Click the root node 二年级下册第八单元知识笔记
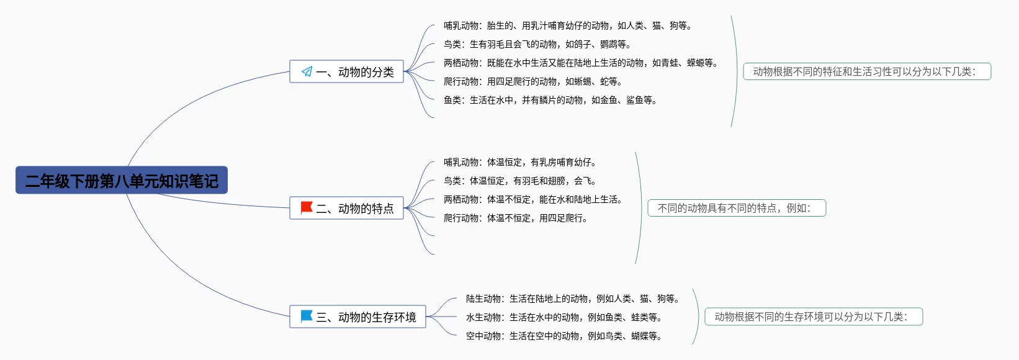[122, 181]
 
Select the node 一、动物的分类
[346, 72]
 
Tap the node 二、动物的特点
[346, 209]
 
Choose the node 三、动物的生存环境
[357, 317]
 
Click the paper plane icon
[307, 72]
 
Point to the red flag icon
[307, 207]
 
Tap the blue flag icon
[307, 317]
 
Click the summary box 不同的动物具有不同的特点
[737, 209]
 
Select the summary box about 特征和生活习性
[867, 72]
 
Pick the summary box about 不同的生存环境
[814, 317]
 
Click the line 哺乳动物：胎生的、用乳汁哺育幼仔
[567, 26]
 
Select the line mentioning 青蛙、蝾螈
[580, 63]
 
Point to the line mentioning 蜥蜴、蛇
[532, 82]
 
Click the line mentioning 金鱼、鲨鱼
[550, 101]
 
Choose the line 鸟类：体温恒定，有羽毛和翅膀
[519, 181]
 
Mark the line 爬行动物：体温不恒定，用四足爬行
[515, 218]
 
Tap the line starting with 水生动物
[563, 318]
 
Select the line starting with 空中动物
[563, 336]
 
